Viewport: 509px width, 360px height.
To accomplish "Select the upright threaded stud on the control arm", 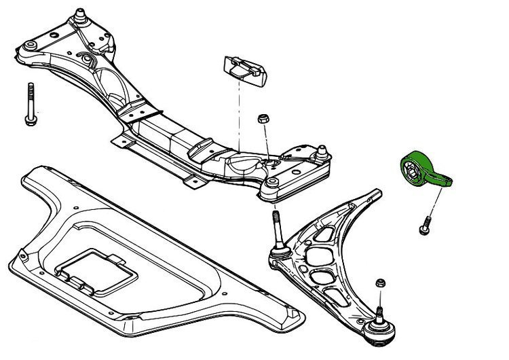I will click(x=276, y=231).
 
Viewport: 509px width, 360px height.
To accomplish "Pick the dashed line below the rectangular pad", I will click(x=239, y=115).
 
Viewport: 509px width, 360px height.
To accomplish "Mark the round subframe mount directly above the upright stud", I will click(x=271, y=183).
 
